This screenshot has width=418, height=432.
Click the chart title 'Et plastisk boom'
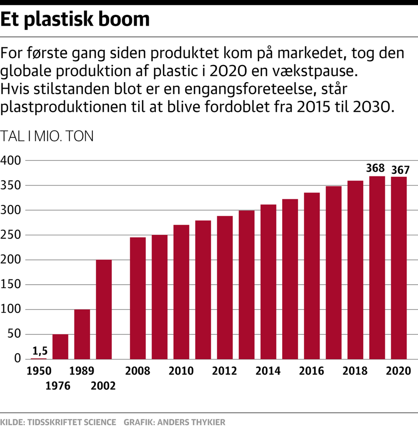pyautogui.click(x=75, y=20)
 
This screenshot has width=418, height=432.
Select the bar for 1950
pyautogui.click(x=38, y=358)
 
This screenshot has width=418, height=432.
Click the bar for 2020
pyautogui.click(x=399, y=267)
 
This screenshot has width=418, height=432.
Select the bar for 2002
pyautogui.click(x=104, y=309)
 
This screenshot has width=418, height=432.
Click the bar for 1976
pyautogui.click(x=60, y=346)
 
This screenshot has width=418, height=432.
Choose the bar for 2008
pyautogui.click(x=138, y=298)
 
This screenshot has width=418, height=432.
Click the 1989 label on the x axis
pyautogui.click(x=82, y=371)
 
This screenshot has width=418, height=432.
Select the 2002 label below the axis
pyautogui.click(x=104, y=385)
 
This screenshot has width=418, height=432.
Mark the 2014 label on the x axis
pyautogui.click(x=268, y=371)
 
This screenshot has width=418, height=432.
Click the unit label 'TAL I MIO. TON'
pyautogui.click(x=47, y=136)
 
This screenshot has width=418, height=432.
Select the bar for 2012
pyautogui.click(x=225, y=287)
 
